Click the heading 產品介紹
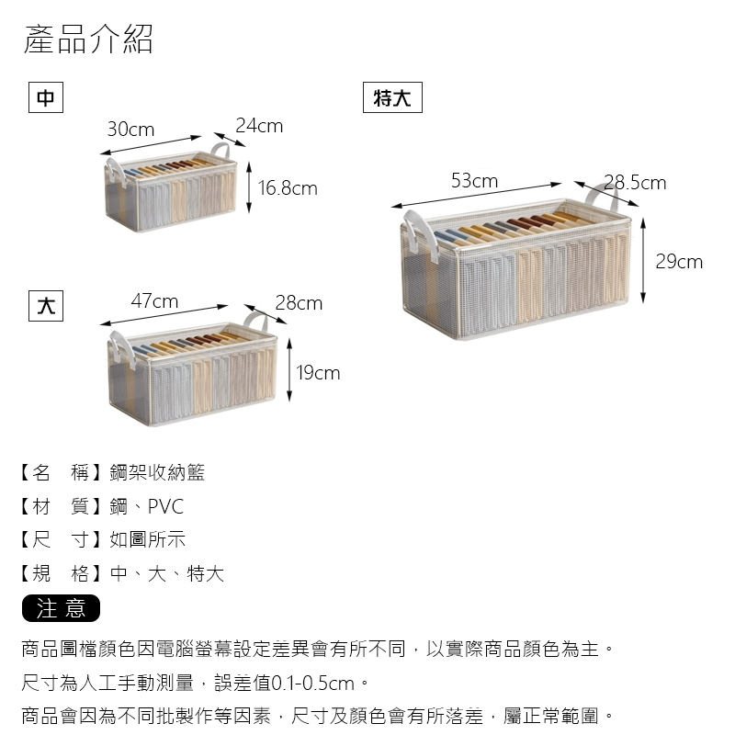88,39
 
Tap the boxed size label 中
46,97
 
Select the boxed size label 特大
392,97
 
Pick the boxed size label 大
46,306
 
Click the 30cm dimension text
130,130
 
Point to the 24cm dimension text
259,126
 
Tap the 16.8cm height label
288,188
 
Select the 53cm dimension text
474,180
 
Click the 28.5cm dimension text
635,183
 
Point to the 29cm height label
679,262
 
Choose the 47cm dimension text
154,301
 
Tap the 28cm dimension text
299,303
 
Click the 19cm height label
318,373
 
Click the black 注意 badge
61,608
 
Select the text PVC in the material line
165,507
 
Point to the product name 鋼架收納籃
157,472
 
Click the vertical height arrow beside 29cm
643,260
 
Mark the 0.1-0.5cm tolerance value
313,684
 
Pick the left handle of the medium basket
116,173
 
